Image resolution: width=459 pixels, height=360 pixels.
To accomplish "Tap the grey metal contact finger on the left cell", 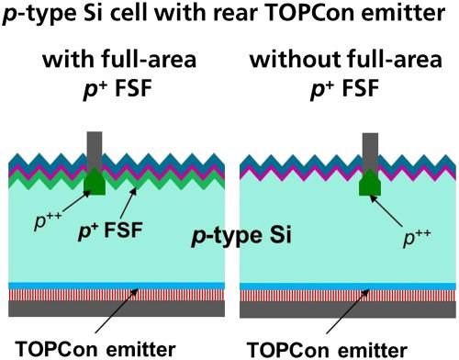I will coord(95,151).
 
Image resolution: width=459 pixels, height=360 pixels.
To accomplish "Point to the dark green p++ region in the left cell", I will coord(95,184).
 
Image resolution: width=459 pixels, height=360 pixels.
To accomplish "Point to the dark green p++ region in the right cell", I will coord(369,185).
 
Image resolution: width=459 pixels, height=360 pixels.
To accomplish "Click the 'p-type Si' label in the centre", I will coord(241,237).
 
